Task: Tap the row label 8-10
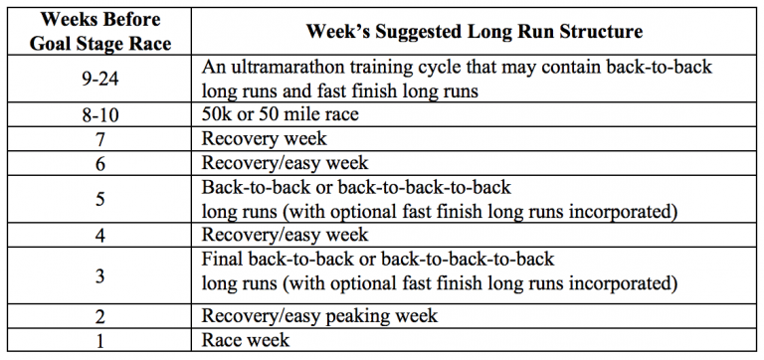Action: [100, 115]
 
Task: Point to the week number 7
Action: [100, 139]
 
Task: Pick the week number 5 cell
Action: [100, 199]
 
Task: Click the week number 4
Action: [100, 235]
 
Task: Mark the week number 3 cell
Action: [100, 270]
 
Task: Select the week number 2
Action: [100, 317]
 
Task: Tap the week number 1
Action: [100, 340]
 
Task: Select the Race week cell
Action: [246, 340]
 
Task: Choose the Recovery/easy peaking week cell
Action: [318, 317]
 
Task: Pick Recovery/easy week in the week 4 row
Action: [285, 235]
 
